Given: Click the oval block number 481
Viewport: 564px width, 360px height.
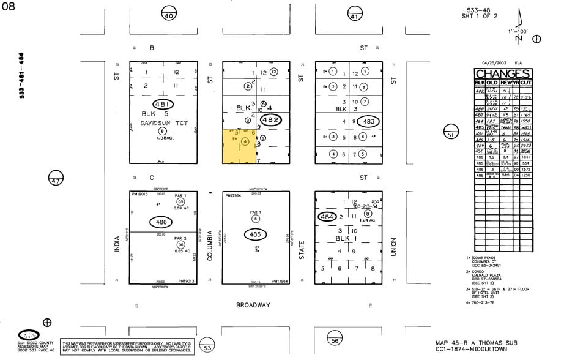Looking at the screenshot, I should (x=163, y=105).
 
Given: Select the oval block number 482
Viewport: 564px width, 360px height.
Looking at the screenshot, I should (x=270, y=120).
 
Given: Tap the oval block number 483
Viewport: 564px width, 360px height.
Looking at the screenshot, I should (x=368, y=121).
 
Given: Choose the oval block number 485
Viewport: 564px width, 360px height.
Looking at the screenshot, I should (x=255, y=234).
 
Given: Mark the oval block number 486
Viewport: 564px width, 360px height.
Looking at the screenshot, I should (x=161, y=221).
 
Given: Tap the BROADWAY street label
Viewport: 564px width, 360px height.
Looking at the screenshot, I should (x=253, y=304).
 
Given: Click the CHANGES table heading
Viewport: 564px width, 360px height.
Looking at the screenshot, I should (x=503, y=74).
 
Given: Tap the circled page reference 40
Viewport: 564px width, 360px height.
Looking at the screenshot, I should (x=168, y=15).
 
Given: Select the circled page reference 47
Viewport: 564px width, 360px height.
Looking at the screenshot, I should (x=56, y=181).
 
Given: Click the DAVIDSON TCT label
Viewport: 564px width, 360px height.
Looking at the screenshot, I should (x=162, y=122).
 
